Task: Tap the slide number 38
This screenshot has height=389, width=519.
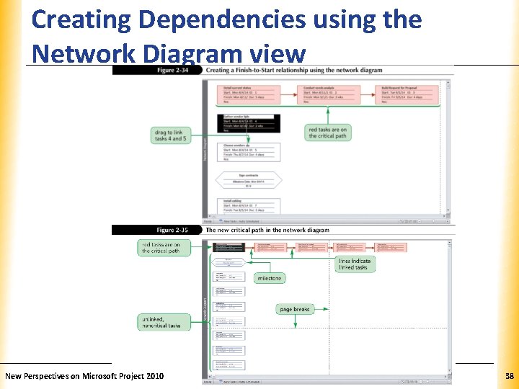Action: [x=510, y=376]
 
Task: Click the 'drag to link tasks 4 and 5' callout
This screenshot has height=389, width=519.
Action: [x=171, y=135]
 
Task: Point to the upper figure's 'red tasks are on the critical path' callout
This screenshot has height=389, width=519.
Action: [x=327, y=133]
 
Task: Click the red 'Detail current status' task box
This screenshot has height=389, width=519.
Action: [x=248, y=94]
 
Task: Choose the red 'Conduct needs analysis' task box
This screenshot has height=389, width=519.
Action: [x=328, y=94]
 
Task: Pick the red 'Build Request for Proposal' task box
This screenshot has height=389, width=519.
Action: [x=409, y=94]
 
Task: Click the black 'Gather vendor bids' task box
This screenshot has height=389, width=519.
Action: [x=248, y=123]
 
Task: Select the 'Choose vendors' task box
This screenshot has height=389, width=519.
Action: [x=248, y=151]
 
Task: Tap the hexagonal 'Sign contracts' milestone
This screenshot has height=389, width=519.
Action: [x=248, y=180]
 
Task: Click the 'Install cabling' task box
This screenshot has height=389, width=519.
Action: [x=248, y=205]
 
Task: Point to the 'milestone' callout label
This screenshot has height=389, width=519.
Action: [x=269, y=278]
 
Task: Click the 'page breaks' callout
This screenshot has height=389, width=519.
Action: [x=294, y=309]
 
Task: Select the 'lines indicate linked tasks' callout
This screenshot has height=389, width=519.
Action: [x=355, y=264]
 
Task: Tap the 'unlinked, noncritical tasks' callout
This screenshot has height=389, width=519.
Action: [x=164, y=321]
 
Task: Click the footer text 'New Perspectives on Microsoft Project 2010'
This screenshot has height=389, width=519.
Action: [x=84, y=376]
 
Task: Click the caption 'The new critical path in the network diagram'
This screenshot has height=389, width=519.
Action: [x=267, y=230]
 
